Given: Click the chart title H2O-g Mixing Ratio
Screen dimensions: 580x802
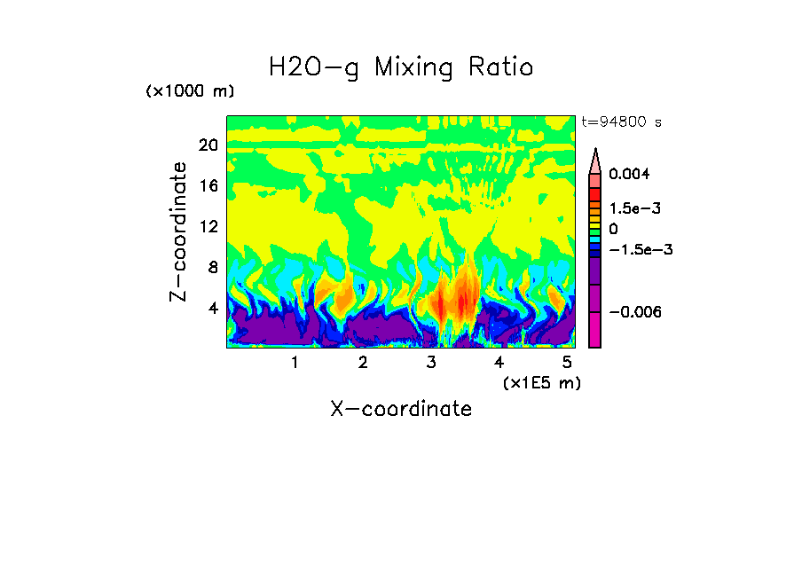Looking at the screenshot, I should [x=401, y=67].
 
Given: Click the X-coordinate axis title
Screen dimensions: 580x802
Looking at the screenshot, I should [x=401, y=409].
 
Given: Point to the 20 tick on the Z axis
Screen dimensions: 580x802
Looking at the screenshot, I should [x=208, y=145].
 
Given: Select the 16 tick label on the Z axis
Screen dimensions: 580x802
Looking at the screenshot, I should [x=208, y=186].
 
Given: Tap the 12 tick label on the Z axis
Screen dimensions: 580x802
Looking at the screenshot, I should [x=208, y=227].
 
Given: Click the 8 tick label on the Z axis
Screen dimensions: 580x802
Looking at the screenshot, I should [x=213, y=268].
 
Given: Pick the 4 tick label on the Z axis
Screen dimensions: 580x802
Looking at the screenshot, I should [x=213, y=309].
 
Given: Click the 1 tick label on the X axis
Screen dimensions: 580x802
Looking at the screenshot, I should [x=295, y=363].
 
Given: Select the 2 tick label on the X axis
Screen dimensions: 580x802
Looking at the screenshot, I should [x=363, y=363].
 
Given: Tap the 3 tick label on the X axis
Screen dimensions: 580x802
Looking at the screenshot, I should [x=431, y=363].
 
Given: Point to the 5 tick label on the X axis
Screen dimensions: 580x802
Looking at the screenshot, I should [x=567, y=363].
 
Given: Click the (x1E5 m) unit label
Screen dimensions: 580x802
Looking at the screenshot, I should [x=541, y=383].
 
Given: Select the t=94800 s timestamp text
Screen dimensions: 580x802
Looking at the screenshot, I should [x=621, y=122].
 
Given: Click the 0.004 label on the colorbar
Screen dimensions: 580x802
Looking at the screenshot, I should [x=629, y=174].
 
